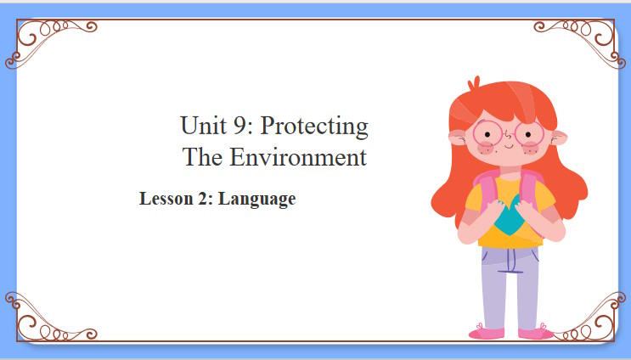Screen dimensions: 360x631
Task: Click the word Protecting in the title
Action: coord(314,127)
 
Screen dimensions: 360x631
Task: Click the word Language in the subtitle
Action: coord(256,200)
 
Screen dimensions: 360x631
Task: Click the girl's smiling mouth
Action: coord(508,147)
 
